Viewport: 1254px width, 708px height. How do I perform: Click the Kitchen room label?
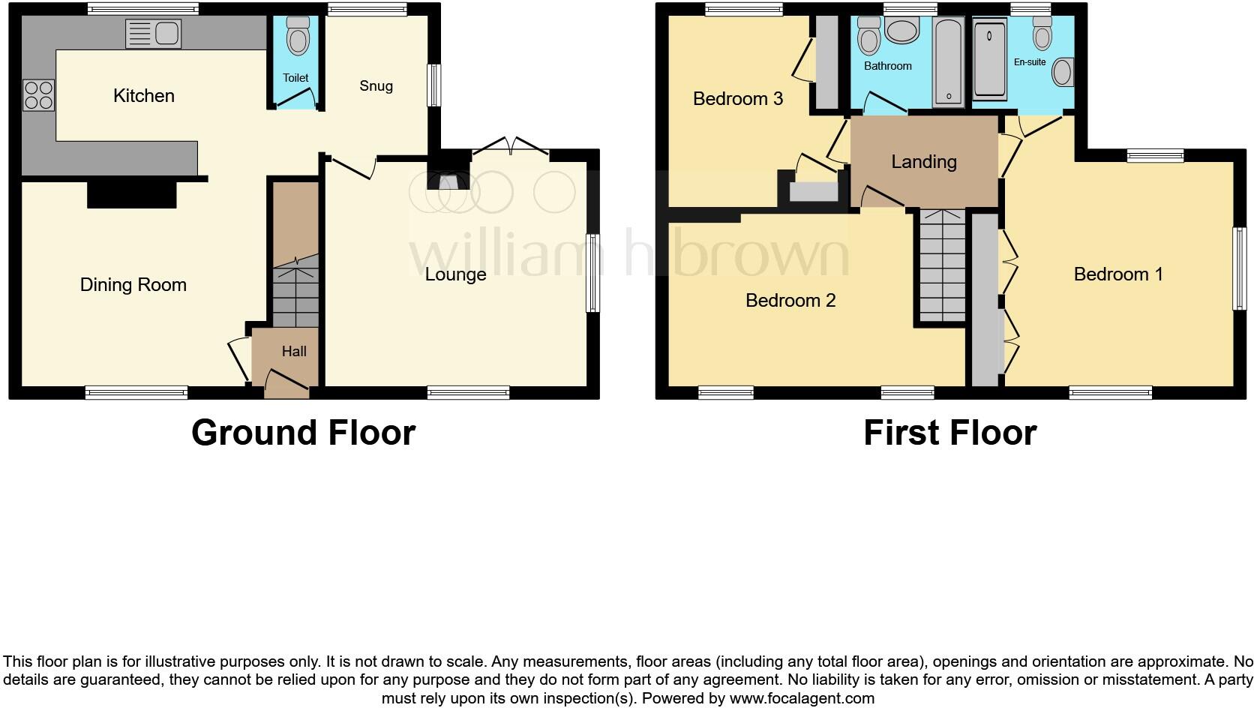144,96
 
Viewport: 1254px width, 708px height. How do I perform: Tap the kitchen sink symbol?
154,34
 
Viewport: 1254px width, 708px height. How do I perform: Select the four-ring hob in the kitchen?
39,95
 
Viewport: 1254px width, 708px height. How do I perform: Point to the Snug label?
376,86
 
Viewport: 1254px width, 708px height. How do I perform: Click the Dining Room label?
133,285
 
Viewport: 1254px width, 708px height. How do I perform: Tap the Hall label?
294,352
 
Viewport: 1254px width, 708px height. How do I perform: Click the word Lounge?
455,274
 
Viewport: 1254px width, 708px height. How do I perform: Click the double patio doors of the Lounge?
510,147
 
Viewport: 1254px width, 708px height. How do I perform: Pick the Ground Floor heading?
303,433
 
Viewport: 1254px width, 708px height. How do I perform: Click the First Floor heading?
949,433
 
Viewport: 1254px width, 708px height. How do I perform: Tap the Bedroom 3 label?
738,99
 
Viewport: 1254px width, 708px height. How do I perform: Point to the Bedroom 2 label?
790,301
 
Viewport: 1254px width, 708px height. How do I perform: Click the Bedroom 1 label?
1118,274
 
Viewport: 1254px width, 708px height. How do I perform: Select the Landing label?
924,162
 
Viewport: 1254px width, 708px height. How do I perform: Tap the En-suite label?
1030,62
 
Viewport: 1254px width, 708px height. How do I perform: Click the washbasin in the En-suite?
1062,72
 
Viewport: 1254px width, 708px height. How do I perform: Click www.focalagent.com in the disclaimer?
802,698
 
